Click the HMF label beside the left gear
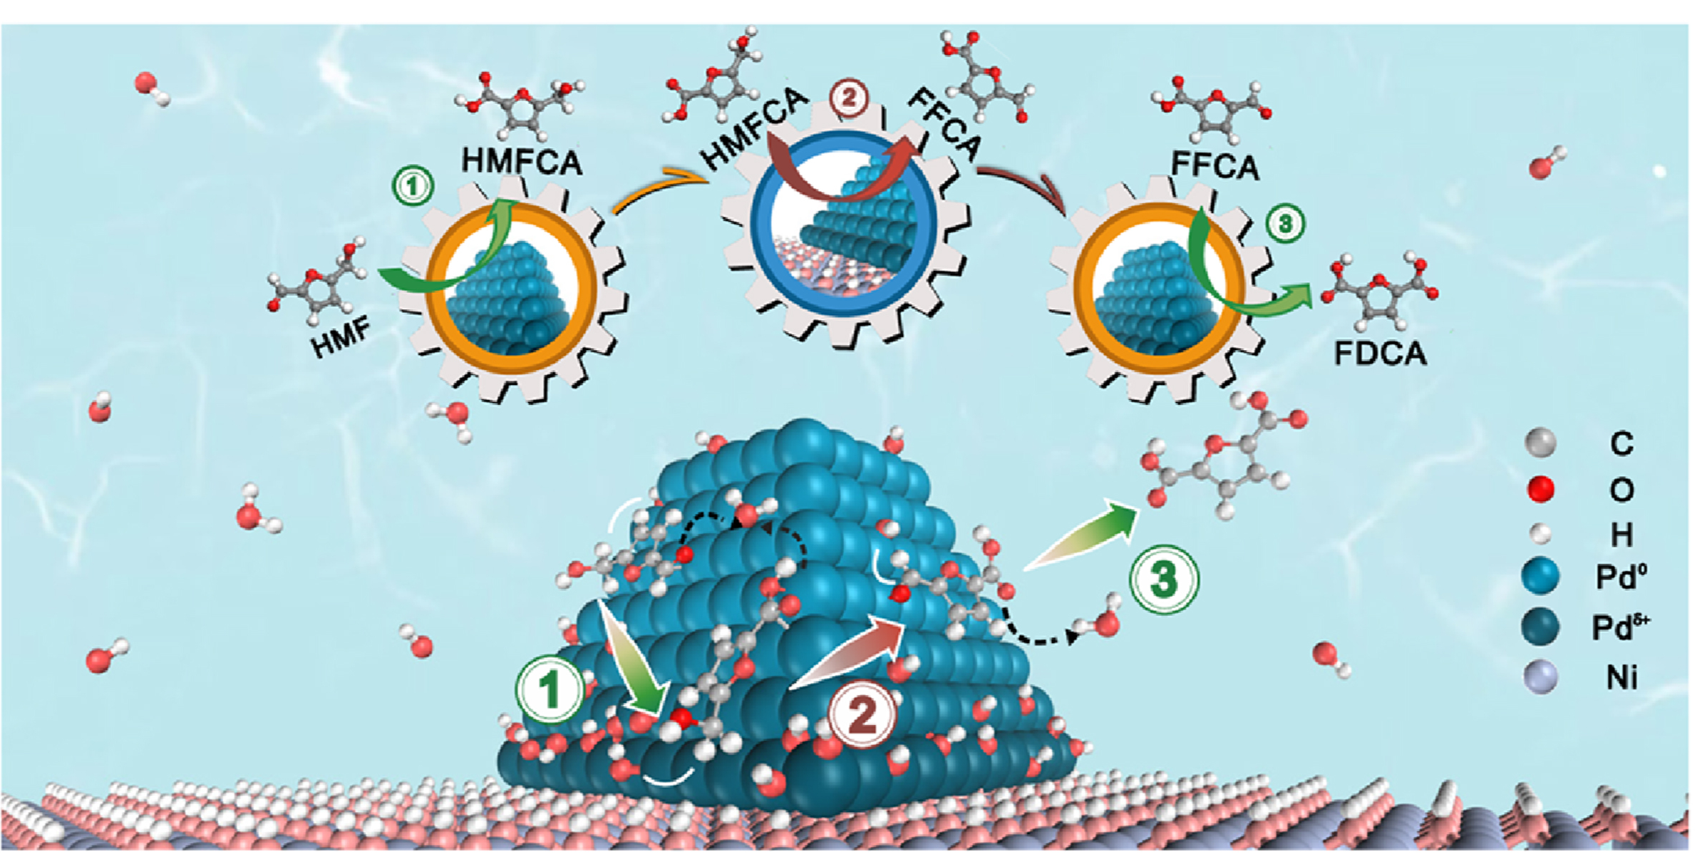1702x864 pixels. [341, 336]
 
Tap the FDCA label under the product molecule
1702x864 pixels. [1380, 354]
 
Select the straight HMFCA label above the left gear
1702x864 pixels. [522, 161]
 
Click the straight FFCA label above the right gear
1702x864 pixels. [1214, 165]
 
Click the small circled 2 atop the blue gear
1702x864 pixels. [848, 100]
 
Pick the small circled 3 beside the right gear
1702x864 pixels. [1285, 224]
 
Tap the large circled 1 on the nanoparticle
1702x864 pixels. [550, 690]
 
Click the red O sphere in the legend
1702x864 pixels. [1540, 489]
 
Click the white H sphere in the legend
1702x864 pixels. [1541, 533]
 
